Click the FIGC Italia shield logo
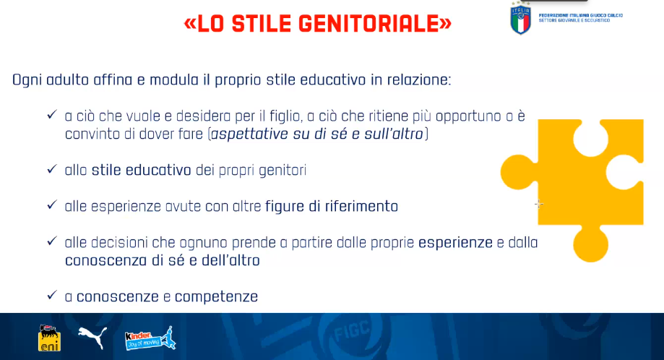pyautogui.click(x=520, y=19)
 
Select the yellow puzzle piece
pyautogui.click(x=572, y=191)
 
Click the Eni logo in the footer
pyautogui.click(x=50, y=338)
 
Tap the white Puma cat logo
pyautogui.click(x=92, y=337)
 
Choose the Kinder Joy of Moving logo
pyautogui.click(x=150, y=338)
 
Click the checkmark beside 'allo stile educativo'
pyautogui.click(x=52, y=169)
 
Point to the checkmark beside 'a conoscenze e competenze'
pyautogui.click(x=52, y=295)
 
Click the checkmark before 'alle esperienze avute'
pyautogui.click(x=52, y=205)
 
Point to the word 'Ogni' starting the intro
pyautogui.click(x=27, y=80)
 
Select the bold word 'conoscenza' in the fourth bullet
pyautogui.click(x=106, y=260)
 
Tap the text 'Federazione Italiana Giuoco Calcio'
pyautogui.click(x=581, y=15)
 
